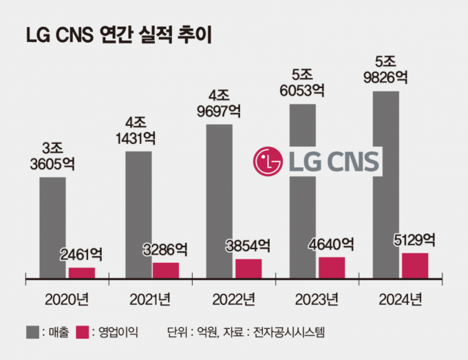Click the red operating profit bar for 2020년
(x=82, y=272)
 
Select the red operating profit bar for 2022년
(x=248, y=268)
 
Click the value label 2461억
(x=81, y=254)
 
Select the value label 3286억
(x=164, y=248)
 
